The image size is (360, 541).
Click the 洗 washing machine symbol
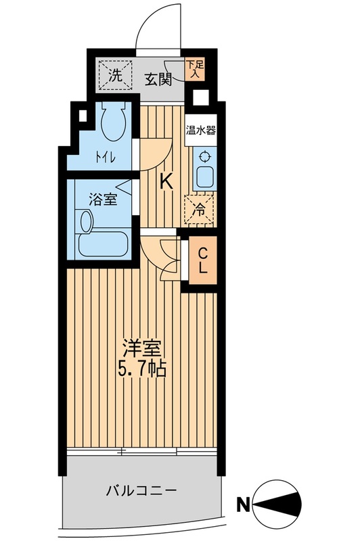pos(116,75)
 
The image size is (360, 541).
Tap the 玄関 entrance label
pos(158,80)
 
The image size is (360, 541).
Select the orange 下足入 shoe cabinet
pos(196,70)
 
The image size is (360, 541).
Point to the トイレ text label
pos(105,158)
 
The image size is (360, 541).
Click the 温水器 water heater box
pos(201,131)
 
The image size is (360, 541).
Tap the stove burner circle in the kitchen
pos(205,156)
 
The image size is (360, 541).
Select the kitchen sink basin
pos(205,177)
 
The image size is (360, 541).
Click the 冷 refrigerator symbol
pos(200,209)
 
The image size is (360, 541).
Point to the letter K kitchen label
pos(166,181)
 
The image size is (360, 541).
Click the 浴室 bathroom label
pos(103,199)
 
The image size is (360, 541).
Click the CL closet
pos(202,260)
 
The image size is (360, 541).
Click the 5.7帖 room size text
pos(143,369)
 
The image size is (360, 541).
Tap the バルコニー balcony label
pos(141,490)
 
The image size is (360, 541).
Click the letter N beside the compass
pos(243,506)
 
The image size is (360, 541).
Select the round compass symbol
pos(277,505)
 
